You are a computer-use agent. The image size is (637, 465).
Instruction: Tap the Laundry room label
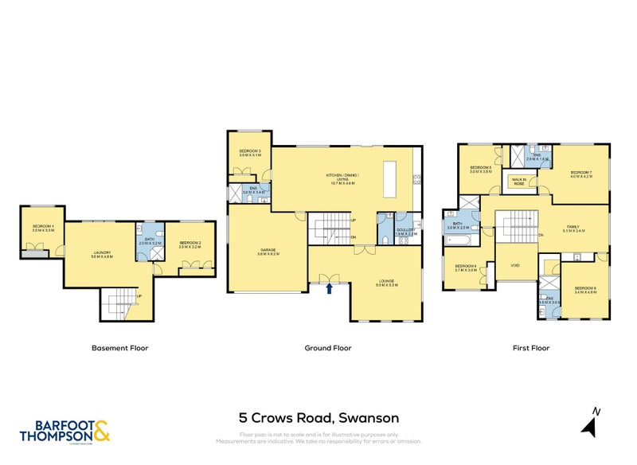[x=102, y=254]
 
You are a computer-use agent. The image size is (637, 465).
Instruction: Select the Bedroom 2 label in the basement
[x=190, y=244]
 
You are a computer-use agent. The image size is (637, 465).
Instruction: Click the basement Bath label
[x=150, y=241]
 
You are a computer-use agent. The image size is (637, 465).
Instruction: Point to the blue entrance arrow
[x=329, y=288]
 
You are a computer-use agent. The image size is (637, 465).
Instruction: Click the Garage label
[x=267, y=251]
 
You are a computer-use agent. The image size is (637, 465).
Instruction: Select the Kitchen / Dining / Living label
[x=343, y=178]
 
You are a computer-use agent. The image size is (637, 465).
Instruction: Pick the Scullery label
[x=406, y=232]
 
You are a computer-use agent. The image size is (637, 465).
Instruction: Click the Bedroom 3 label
[x=250, y=153]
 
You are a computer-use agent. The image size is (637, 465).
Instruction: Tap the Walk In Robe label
[x=519, y=182]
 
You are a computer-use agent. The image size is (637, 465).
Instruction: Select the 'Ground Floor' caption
[x=328, y=348]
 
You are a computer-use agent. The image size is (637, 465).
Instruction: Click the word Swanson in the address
[x=369, y=418]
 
